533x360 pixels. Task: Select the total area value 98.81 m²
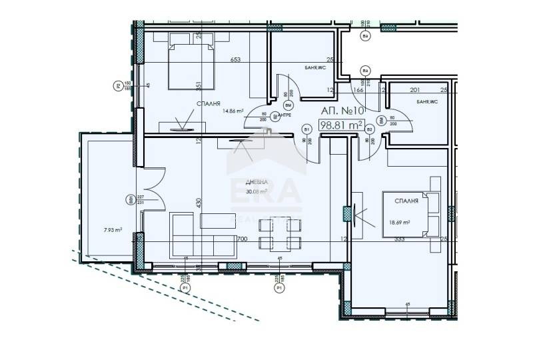[x=342, y=125]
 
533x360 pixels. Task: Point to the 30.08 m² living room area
[x=256, y=191]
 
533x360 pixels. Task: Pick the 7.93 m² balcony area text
[x=113, y=230]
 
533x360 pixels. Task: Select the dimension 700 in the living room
[x=242, y=238]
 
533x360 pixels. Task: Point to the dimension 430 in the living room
[x=198, y=201]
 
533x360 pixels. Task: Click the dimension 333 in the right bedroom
[x=400, y=238]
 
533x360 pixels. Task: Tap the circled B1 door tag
[x=307, y=129]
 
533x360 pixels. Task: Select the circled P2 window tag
[x=117, y=85]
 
